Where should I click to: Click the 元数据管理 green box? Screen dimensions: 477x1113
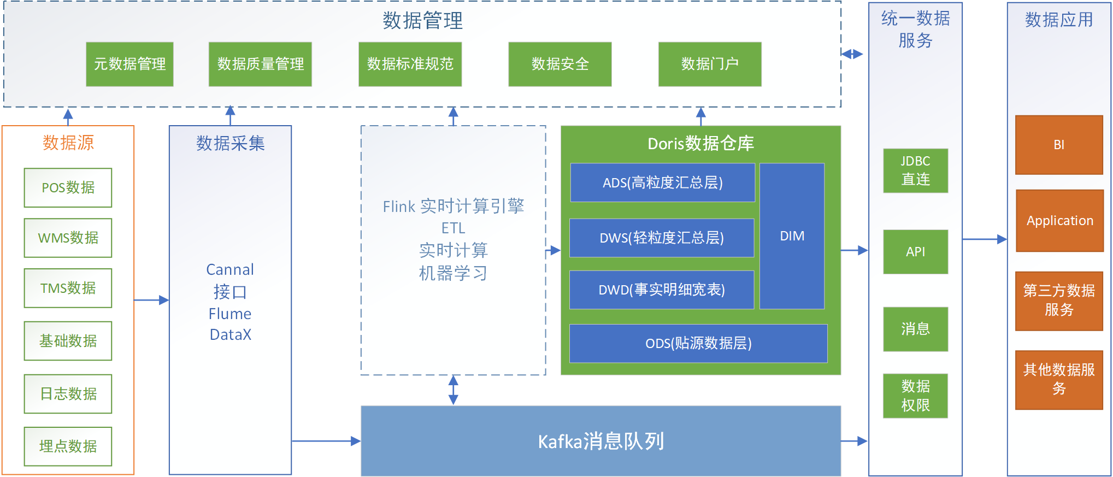[129, 64]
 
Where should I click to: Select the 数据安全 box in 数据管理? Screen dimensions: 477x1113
[560, 64]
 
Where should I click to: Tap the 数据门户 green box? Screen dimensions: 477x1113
[709, 64]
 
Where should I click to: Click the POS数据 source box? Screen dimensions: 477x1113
[68, 187]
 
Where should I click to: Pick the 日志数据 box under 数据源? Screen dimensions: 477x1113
[68, 393]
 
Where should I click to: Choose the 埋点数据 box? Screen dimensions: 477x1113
[68, 446]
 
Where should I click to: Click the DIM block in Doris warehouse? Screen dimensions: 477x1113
[792, 236]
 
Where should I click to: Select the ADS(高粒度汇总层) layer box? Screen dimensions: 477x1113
[662, 182]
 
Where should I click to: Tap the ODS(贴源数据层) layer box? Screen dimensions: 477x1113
[698, 343]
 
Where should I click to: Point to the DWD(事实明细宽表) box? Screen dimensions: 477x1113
[662, 290]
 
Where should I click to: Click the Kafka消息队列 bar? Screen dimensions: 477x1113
[600, 441]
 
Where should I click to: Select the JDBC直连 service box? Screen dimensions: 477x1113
[915, 170]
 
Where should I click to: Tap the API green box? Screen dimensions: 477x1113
[915, 251]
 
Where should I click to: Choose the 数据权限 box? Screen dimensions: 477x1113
[915, 396]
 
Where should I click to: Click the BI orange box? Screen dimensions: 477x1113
[1059, 145]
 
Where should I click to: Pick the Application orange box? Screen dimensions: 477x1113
[1059, 221]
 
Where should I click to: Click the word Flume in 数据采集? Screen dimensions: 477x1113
[229, 314]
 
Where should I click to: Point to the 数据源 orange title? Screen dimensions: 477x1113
[68, 143]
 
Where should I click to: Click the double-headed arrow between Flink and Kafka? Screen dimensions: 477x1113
[453, 390]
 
